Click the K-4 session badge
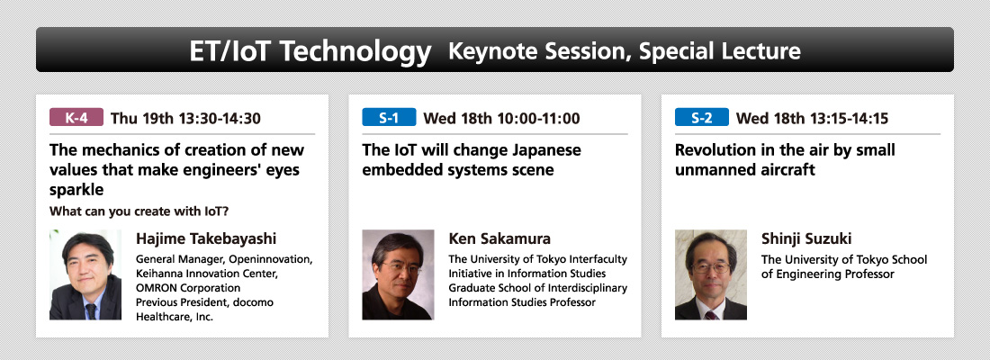(76, 118)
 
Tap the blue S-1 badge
(389, 118)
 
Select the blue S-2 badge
(701, 118)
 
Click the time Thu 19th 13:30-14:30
(185, 118)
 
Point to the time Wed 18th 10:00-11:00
(501, 118)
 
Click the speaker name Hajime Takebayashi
(206, 239)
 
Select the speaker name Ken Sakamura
(499, 238)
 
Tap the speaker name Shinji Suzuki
(806, 238)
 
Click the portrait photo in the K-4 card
(85, 274)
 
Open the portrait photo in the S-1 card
(398, 274)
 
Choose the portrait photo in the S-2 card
(711, 274)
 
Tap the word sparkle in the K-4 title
(76, 190)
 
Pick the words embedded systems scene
(458, 170)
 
